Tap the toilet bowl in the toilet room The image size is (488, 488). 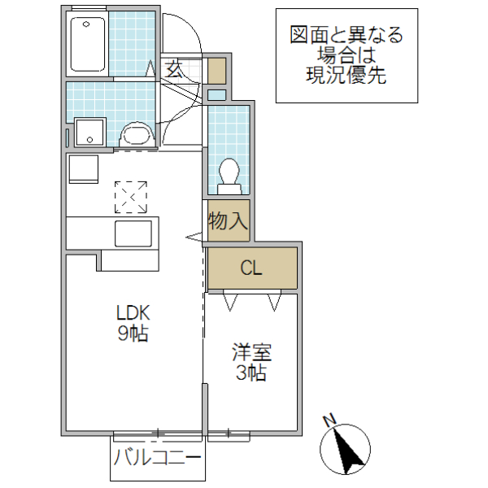click(228, 172)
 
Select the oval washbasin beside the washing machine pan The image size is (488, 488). click(134, 134)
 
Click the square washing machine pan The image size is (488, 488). click(89, 132)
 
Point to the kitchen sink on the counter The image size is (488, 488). click(133, 234)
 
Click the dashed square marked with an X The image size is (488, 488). click(132, 197)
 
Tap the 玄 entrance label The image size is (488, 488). click(173, 69)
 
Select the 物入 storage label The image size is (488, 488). click(228, 221)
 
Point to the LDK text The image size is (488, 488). click(133, 312)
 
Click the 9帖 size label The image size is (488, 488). click(133, 333)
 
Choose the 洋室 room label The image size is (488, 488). click(251, 353)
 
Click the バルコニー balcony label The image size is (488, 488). click(158, 457)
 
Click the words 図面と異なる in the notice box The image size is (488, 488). click(346, 35)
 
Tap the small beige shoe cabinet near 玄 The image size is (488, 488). click(216, 72)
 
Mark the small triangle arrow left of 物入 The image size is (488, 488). click(195, 237)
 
